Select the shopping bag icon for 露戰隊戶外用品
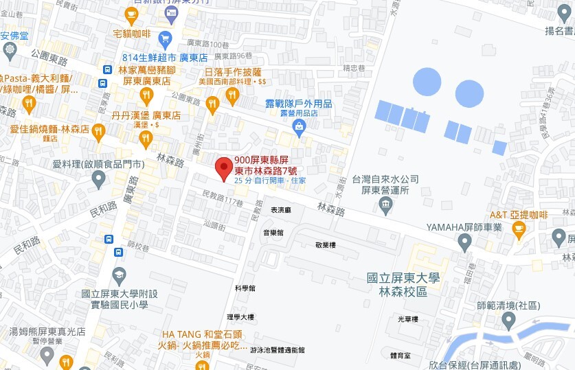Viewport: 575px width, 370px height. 299,126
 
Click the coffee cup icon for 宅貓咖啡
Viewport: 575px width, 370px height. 131,13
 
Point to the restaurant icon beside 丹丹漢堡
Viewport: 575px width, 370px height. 145,139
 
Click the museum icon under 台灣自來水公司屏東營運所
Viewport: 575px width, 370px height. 385,204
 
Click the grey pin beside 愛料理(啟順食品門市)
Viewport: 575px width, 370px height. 99,180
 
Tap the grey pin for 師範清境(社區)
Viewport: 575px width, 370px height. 508,320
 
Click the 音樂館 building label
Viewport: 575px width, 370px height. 273,233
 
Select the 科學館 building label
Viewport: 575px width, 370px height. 245,288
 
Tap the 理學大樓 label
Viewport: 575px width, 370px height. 240,317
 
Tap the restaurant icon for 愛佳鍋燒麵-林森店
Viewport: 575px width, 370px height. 99,129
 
